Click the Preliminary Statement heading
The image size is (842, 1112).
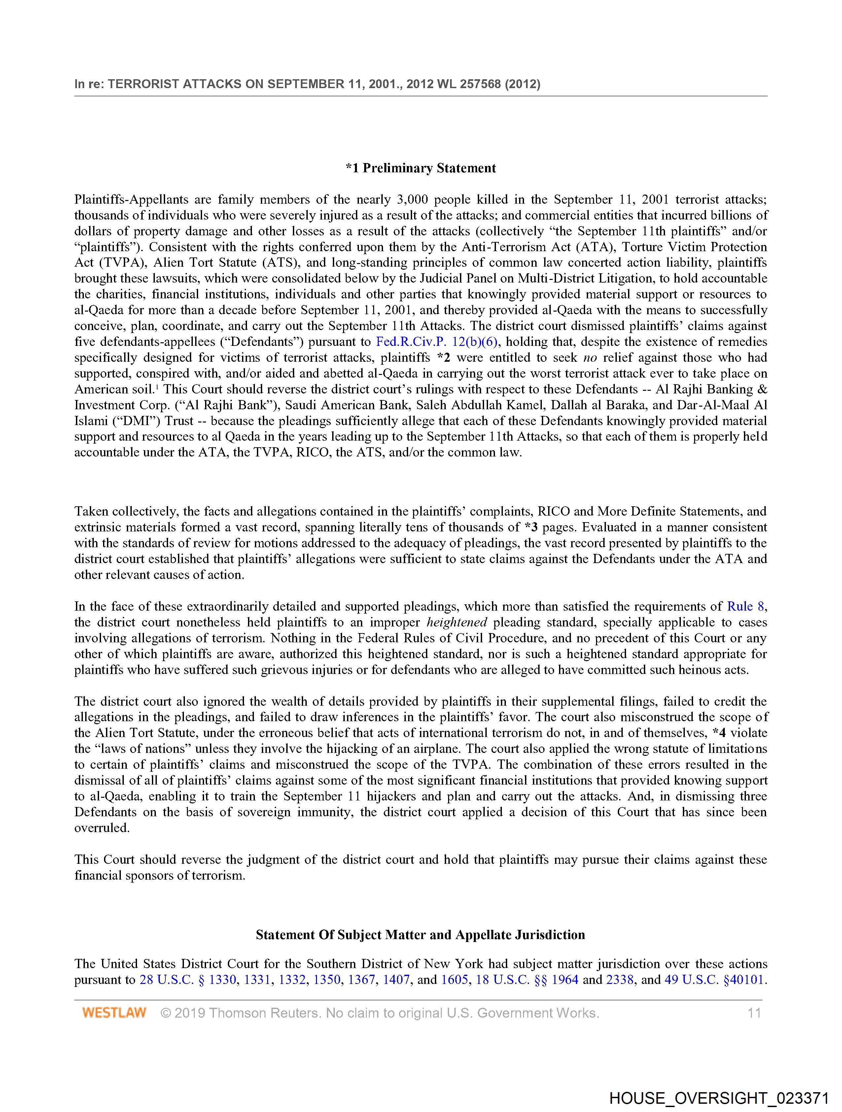pos(420,168)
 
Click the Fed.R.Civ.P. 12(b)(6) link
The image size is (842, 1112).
pos(437,342)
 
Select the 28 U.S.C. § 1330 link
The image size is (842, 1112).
pos(188,979)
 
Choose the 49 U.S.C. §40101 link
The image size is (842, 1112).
pos(715,979)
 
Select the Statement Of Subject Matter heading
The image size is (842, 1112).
pos(420,934)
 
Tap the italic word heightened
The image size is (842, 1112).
pos(457,623)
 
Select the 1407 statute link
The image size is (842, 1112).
pos(396,979)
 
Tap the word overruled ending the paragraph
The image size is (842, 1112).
pos(102,828)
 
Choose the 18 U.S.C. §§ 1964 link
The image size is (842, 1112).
pos(527,979)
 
